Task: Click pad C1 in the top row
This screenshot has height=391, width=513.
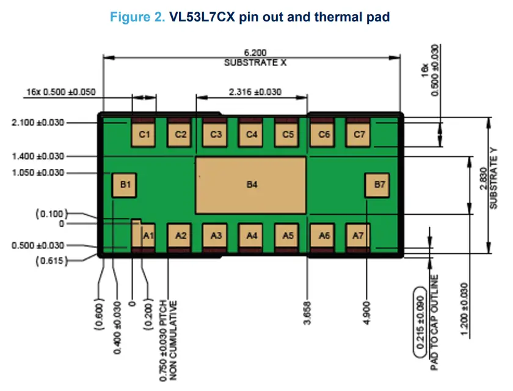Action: coord(144,134)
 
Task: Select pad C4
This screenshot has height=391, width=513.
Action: coord(251,134)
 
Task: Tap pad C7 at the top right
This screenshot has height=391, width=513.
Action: coord(358,134)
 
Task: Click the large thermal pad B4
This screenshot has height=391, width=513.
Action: coord(251,184)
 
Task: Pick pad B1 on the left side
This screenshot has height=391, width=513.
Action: coord(124,184)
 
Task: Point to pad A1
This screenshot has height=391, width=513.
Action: coord(146,235)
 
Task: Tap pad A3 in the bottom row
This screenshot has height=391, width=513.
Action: coord(216,235)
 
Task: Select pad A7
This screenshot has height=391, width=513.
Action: coord(358,235)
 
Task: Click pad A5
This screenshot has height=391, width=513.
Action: coord(287,235)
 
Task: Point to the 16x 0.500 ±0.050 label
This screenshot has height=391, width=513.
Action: coord(60,92)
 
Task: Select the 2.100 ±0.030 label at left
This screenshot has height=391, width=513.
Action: coord(37,122)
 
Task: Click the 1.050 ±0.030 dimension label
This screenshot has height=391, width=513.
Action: coord(37,173)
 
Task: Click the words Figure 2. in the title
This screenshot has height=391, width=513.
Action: coord(137,17)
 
